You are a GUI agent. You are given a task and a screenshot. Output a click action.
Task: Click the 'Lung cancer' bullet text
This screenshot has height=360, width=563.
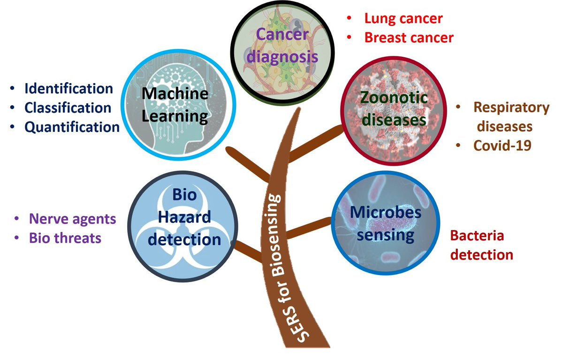(403, 19)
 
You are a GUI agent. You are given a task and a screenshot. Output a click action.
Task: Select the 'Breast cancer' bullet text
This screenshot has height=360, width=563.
(409, 37)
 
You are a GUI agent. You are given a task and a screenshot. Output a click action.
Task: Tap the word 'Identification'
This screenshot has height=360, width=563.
(68, 88)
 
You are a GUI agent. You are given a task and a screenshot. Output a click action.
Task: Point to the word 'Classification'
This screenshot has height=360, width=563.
(68, 107)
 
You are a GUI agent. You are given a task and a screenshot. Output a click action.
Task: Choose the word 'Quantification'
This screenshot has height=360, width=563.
(72, 127)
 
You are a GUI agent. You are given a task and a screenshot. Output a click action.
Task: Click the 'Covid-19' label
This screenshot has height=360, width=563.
(502, 146)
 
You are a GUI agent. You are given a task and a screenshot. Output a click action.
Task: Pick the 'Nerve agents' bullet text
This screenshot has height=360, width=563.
(72, 219)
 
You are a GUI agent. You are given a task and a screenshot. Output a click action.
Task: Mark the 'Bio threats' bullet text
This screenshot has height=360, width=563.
(65, 238)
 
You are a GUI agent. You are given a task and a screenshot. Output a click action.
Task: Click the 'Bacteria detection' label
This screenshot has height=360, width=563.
(481, 245)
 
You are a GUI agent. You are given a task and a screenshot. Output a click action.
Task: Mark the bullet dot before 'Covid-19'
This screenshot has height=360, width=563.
(458, 145)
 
